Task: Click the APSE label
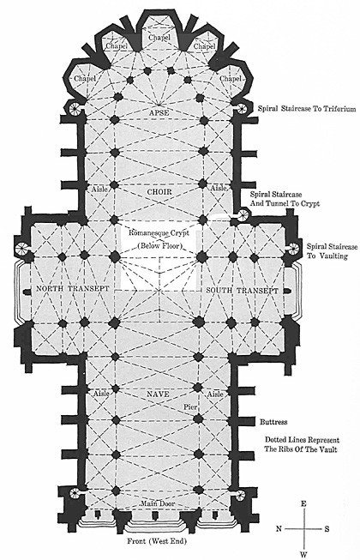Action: (x=159, y=113)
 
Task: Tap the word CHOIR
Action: (x=159, y=192)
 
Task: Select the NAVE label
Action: (x=158, y=394)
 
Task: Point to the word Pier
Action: (x=190, y=406)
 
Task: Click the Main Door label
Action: (x=158, y=503)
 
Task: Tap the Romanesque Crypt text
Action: (x=159, y=233)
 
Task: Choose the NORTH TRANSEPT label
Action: (x=72, y=288)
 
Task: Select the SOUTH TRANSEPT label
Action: (x=242, y=291)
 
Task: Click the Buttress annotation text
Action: (x=273, y=422)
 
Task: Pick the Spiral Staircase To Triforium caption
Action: (x=307, y=109)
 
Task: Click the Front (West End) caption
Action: (x=157, y=541)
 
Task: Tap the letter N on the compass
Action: (x=279, y=528)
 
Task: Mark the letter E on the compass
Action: (x=303, y=504)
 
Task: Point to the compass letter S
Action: (x=327, y=529)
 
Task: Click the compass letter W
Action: (x=303, y=555)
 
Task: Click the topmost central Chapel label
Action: (x=159, y=38)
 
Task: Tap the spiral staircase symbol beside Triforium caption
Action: (x=242, y=108)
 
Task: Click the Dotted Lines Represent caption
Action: (x=302, y=440)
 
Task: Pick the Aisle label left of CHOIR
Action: (x=99, y=189)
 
